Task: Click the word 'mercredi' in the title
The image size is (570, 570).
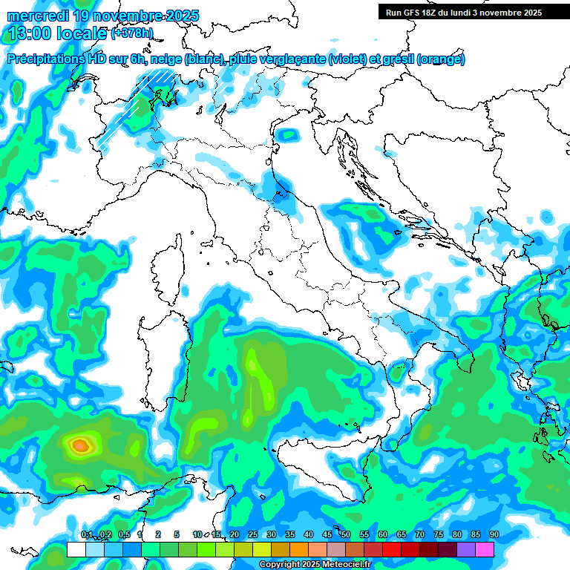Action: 38,16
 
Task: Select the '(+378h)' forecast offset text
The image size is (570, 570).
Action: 132,33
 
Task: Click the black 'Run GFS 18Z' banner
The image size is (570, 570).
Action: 464,13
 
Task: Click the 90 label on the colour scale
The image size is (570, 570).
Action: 494,535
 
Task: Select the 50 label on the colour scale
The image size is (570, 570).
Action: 346,535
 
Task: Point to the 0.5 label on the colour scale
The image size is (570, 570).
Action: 123,535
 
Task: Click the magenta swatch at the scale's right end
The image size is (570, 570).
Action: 485,549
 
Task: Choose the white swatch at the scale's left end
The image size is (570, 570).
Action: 76,549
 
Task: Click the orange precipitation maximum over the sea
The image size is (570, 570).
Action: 79,445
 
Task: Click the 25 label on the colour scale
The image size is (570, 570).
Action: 253,535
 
